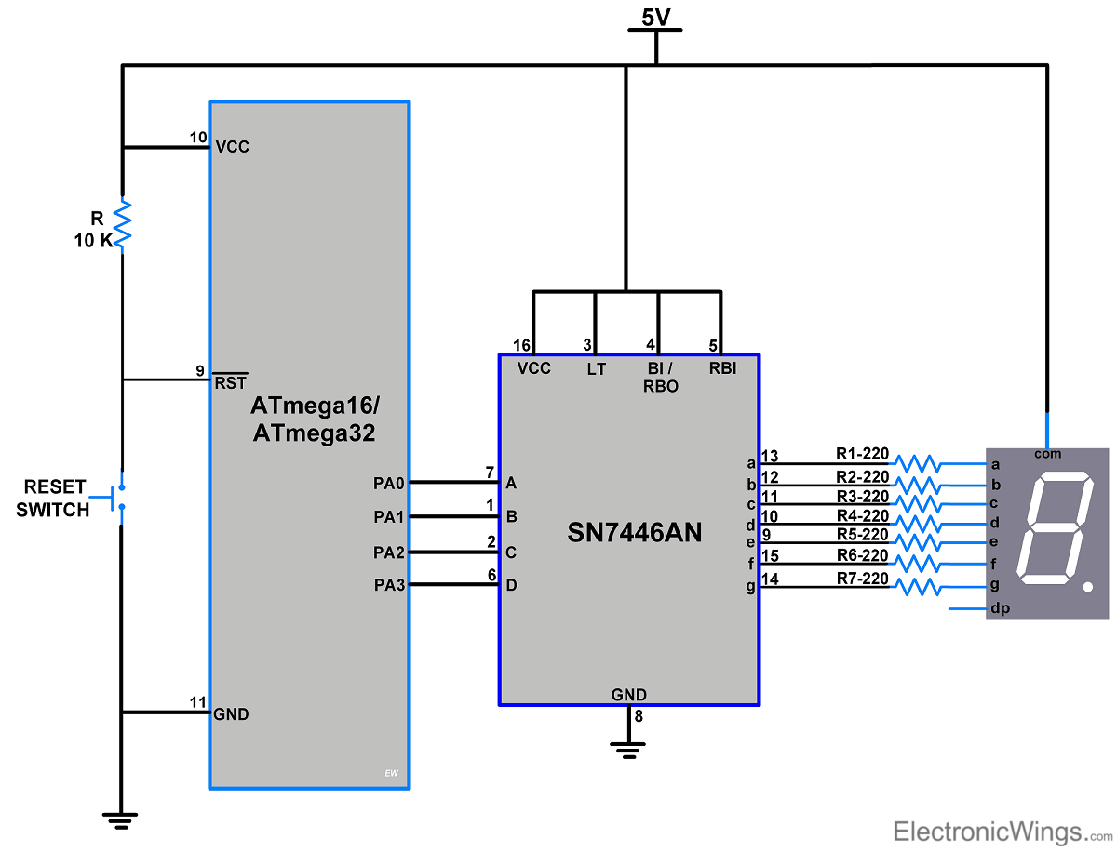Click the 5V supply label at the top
(x=655, y=16)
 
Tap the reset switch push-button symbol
(x=117, y=497)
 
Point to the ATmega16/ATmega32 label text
(x=315, y=419)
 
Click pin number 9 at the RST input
(x=200, y=370)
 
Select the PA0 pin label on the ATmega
(x=389, y=483)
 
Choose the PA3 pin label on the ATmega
(x=389, y=585)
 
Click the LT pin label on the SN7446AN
(x=596, y=368)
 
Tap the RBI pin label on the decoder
(x=722, y=368)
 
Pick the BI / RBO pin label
(x=660, y=377)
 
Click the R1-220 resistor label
(x=862, y=455)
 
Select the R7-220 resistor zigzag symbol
(x=916, y=586)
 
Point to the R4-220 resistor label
(x=862, y=515)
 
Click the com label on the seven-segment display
(x=1047, y=454)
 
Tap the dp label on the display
(x=1000, y=609)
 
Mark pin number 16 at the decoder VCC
(x=521, y=345)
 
